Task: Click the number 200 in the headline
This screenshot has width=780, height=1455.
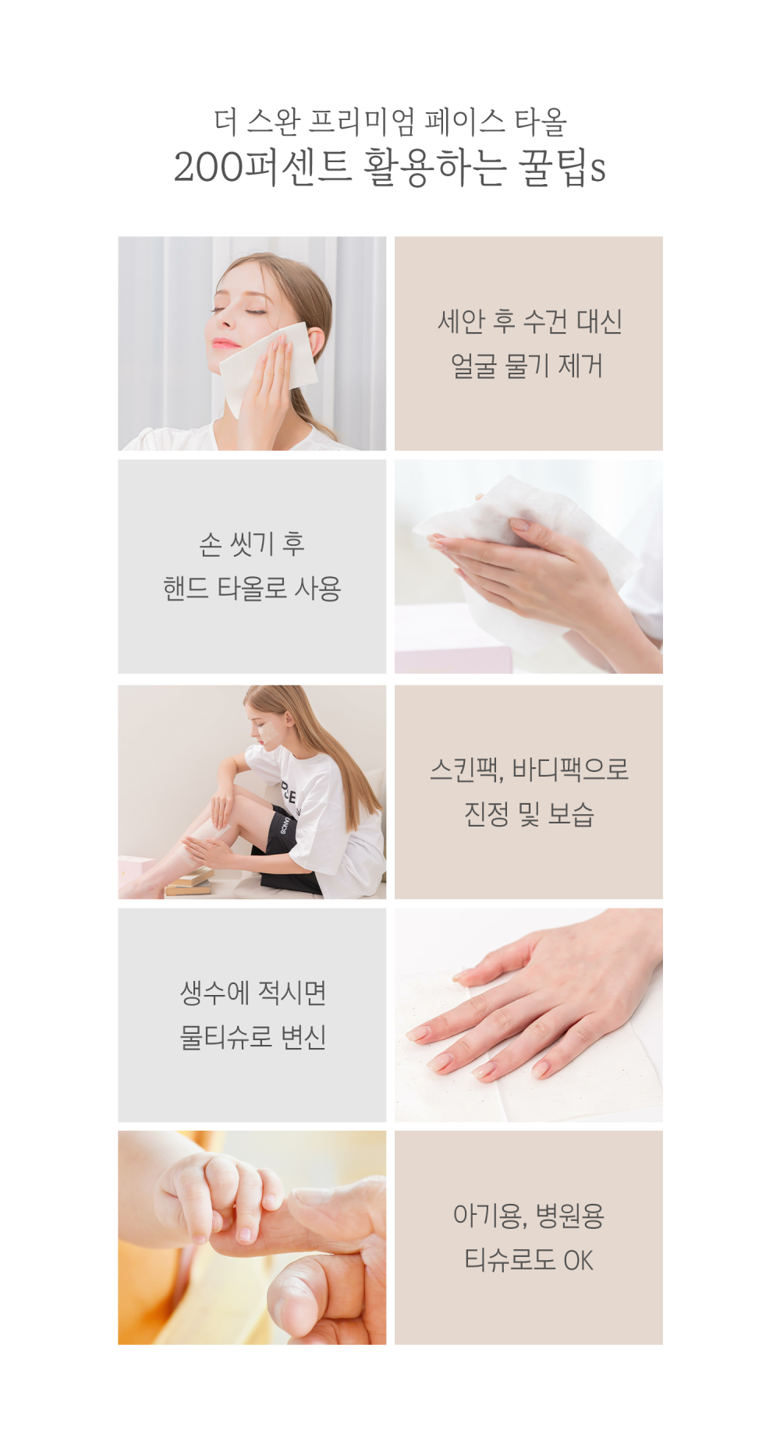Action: click(x=207, y=167)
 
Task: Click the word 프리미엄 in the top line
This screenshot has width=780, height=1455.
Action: click(x=363, y=122)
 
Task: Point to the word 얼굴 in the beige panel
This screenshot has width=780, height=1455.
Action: click(x=473, y=366)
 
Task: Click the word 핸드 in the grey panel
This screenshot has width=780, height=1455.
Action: click(x=186, y=588)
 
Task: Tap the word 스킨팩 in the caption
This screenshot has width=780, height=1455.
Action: click(x=466, y=770)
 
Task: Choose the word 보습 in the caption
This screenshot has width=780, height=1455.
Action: click(x=572, y=814)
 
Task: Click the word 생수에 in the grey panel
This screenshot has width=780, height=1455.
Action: click(x=214, y=993)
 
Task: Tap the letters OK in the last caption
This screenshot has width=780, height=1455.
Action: click(x=578, y=1260)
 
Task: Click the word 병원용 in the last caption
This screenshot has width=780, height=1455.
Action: click(x=570, y=1216)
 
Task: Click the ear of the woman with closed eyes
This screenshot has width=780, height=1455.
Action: click(x=316, y=344)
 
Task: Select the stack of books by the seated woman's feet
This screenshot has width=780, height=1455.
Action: click(x=188, y=882)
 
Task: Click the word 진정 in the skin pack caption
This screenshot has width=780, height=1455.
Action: click(x=487, y=814)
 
